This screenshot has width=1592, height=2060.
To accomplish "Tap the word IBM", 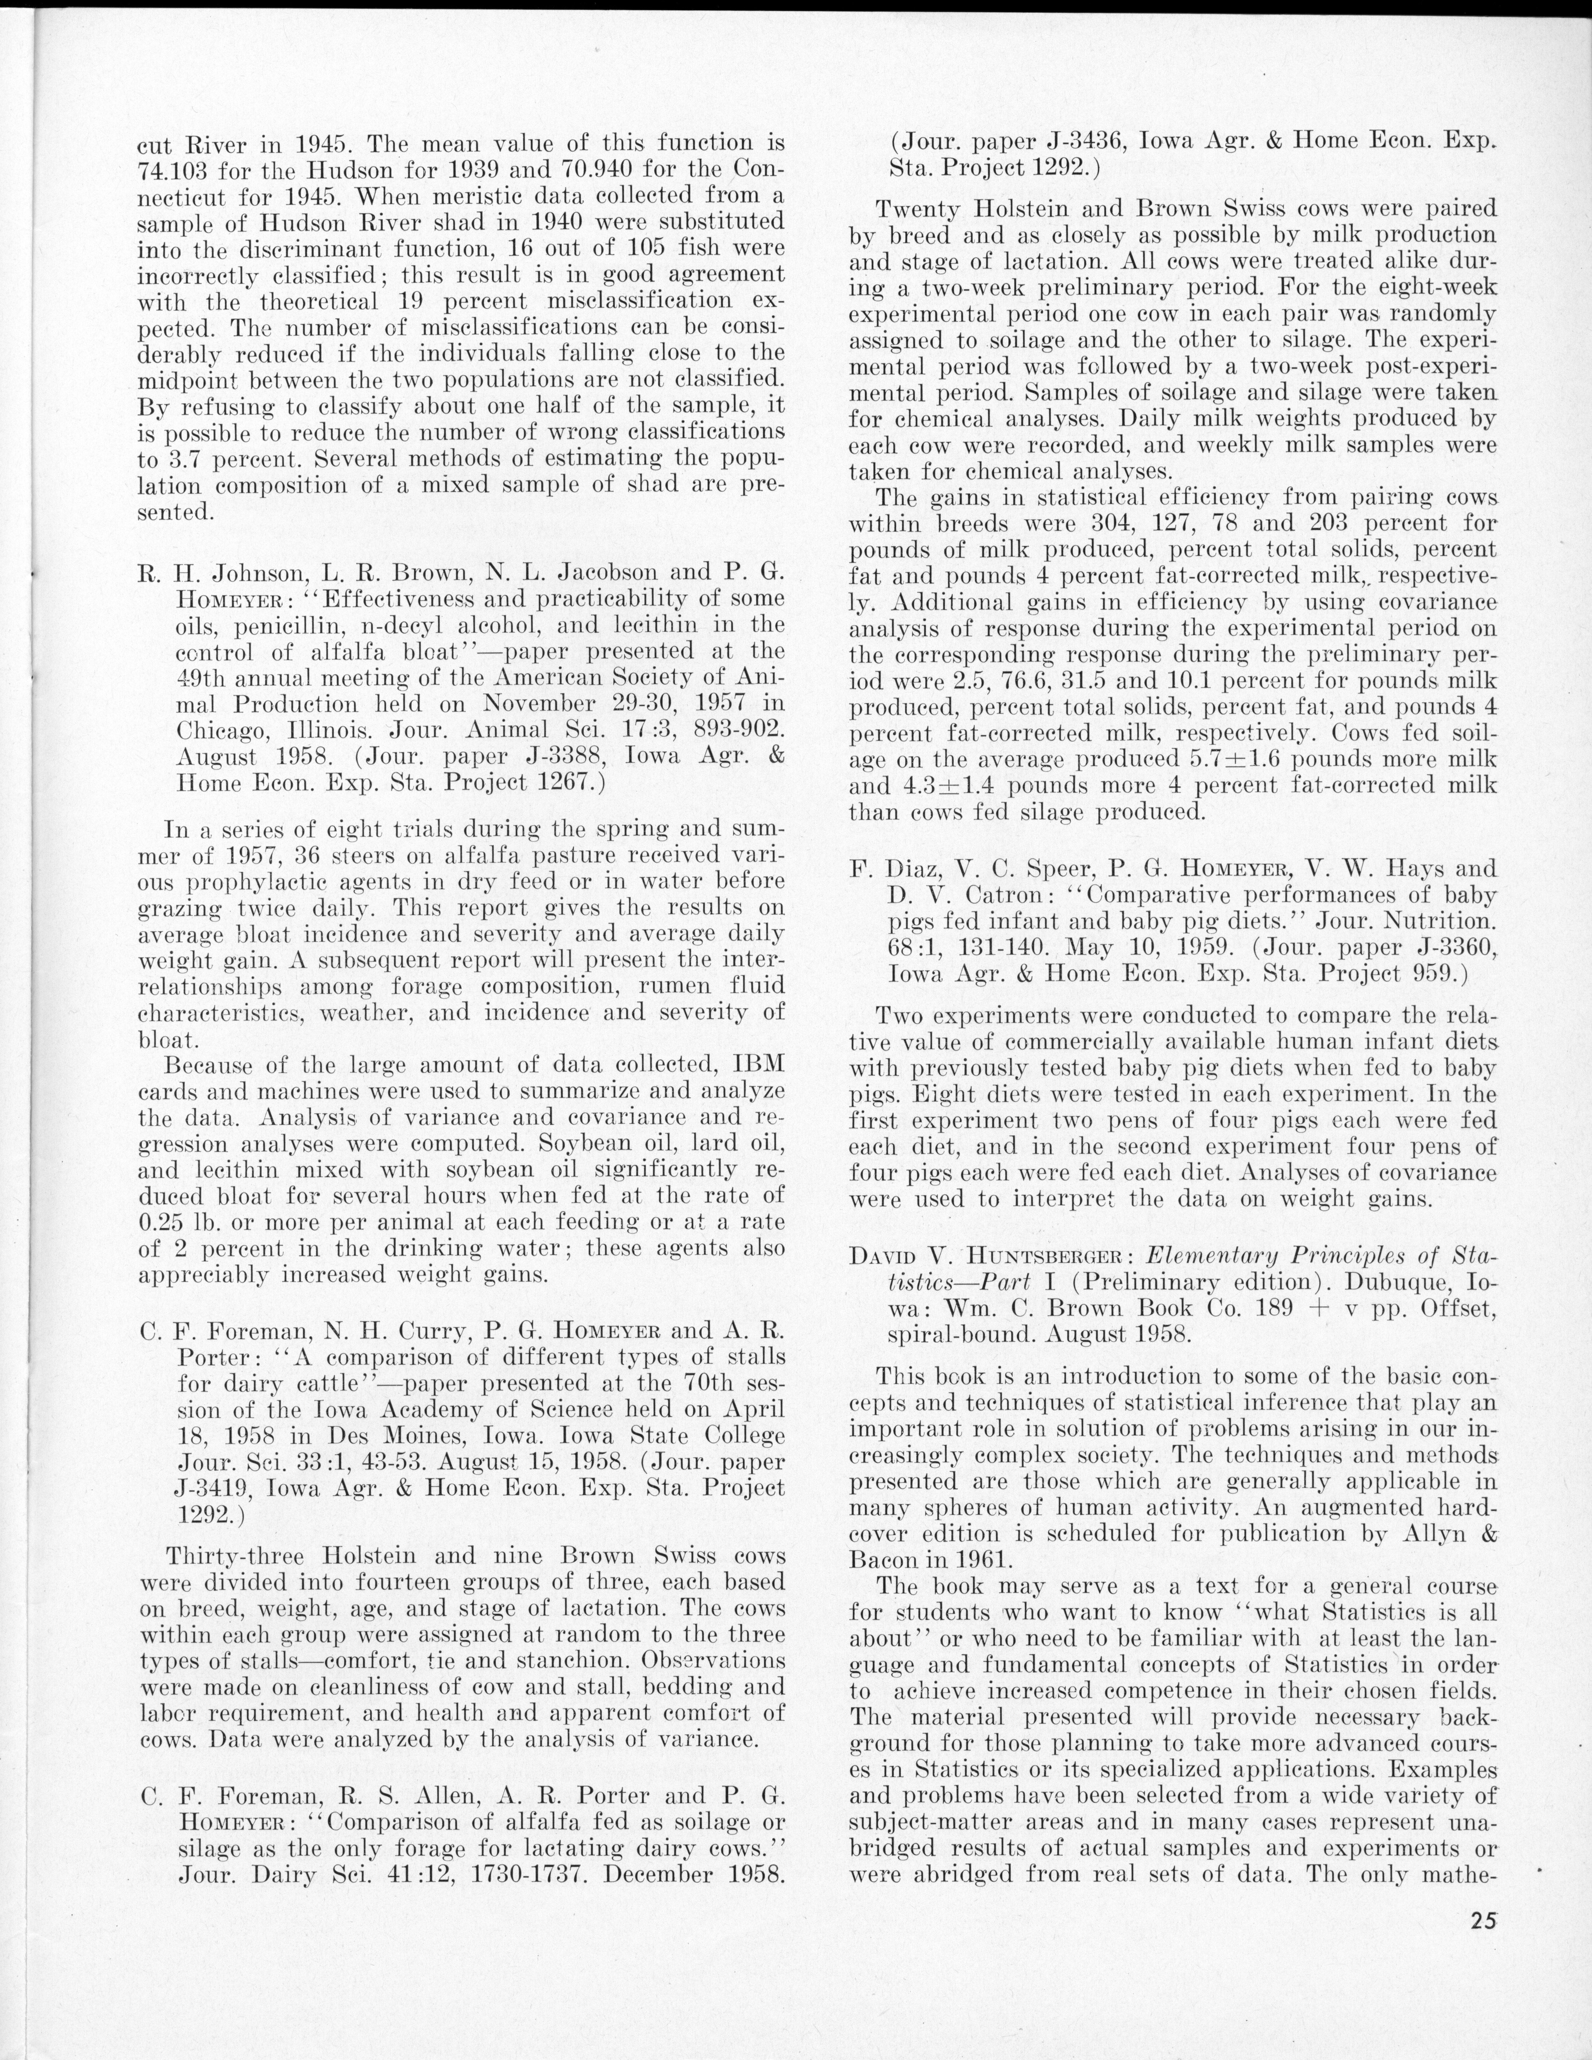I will tap(759, 1065).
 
